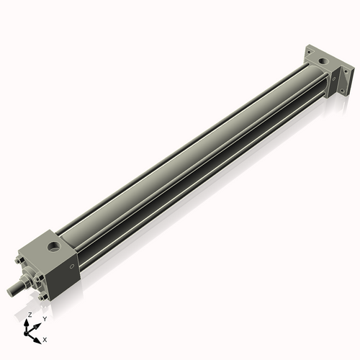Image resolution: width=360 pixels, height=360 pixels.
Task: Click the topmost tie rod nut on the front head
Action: (x=19, y=260)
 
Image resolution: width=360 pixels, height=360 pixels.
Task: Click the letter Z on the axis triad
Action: (x=30, y=315)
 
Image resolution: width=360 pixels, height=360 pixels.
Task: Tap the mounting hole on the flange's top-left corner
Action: (x=309, y=52)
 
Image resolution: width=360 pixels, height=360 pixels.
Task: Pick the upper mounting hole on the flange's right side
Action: (x=346, y=71)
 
